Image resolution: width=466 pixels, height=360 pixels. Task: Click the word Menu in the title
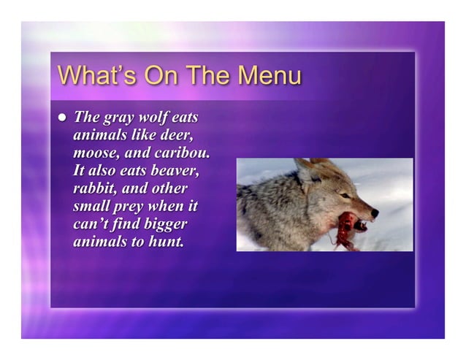pos(264,76)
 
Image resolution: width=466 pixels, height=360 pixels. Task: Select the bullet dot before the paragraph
pos(62,117)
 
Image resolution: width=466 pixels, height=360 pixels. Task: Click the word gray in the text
pos(120,118)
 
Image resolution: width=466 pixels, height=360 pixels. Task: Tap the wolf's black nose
pos(375,213)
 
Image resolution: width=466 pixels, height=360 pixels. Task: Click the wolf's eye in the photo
pos(345,195)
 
